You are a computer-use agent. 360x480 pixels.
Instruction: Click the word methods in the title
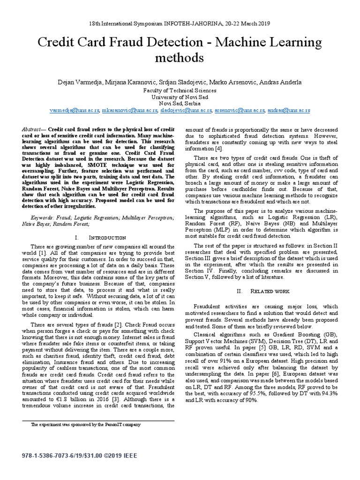(x=180, y=58)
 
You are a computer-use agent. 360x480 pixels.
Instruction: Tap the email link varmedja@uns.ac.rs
(x=74, y=111)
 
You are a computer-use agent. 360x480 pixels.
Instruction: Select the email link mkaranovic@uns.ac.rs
(x=130, y=111)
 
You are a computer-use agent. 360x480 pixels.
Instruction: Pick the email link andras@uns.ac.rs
(x=288, y=111)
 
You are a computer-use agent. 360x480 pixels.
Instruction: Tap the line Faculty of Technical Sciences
(x=180, y=90)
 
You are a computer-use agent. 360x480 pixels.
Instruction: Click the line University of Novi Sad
(x=180, y=97)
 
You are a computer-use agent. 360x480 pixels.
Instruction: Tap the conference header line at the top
(x=180, y=22)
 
